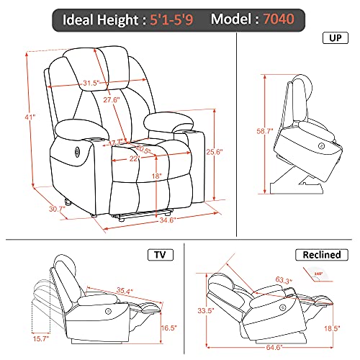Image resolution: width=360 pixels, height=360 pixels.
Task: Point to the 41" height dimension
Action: coord(9,117)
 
